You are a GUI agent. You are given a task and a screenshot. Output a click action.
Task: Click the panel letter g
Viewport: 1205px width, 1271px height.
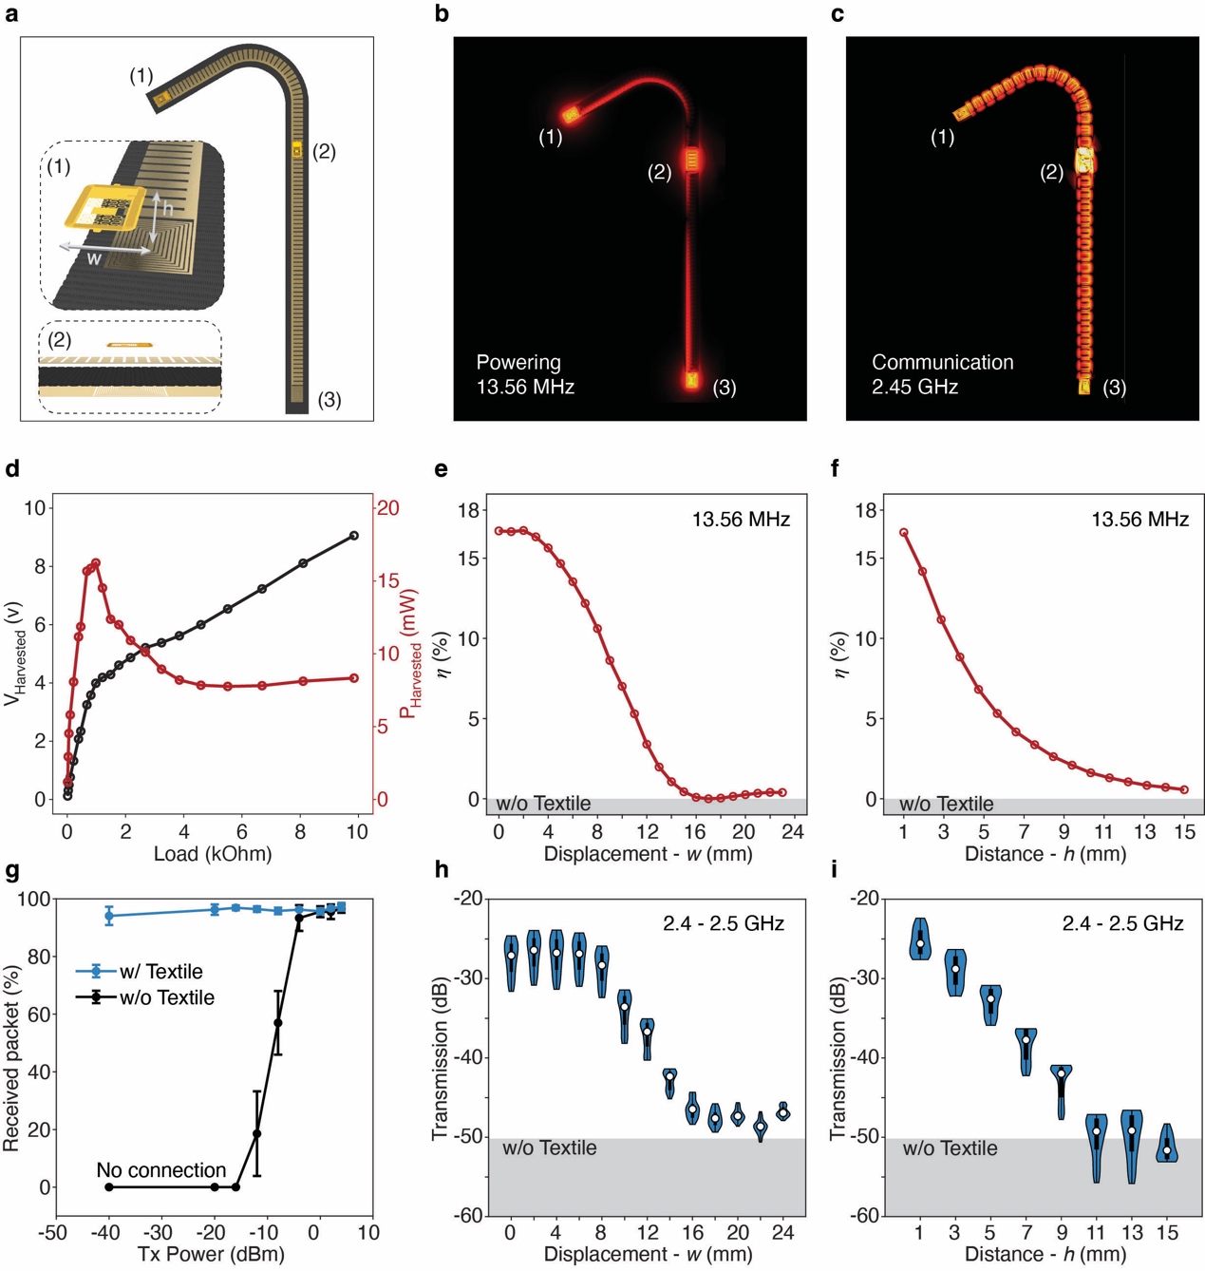coord(12,871)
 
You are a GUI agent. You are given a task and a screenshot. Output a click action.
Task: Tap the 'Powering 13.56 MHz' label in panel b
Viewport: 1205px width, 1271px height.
coord(525,374)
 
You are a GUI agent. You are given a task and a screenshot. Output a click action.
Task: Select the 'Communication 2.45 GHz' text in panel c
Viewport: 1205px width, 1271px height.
coord(942,374)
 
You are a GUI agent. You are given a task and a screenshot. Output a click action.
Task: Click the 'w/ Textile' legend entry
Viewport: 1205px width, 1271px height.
coord(160,971)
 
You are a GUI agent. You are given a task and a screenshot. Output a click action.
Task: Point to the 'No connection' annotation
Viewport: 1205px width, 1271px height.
coord(161,1169)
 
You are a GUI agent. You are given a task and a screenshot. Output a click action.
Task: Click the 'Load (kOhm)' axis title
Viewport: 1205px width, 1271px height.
coord(213,853)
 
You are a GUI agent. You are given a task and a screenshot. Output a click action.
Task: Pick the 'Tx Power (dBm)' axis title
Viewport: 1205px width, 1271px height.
coord(211,1254)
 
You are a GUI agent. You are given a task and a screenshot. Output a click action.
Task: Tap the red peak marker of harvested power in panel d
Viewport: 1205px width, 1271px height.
coord(96,563)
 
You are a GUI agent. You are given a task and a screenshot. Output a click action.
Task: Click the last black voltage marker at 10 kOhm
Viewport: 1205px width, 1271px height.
coord(354,536)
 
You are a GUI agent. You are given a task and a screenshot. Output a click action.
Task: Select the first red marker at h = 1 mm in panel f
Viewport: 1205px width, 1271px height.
coord(904,533)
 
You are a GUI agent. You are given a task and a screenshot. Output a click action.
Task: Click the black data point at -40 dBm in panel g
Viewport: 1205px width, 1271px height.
coord(109,1187)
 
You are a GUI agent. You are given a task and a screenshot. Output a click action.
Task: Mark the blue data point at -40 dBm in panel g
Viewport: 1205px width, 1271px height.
coord(109,916)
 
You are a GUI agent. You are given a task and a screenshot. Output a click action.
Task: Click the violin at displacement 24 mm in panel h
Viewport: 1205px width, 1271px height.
coord(783,1111)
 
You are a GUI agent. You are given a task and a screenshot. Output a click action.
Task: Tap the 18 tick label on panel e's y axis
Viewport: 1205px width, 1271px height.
coord(468,510)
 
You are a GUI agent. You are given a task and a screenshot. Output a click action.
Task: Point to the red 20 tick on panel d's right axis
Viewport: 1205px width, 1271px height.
coord(387,508)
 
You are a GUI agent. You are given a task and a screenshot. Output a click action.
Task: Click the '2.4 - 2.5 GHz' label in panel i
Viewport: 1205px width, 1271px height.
coord(1122,923)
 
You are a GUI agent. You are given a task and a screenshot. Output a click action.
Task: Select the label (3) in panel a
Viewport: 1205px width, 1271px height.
coord(329,400)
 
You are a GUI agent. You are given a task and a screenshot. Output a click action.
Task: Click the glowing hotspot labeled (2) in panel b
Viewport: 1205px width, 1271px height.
coord(692,160)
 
